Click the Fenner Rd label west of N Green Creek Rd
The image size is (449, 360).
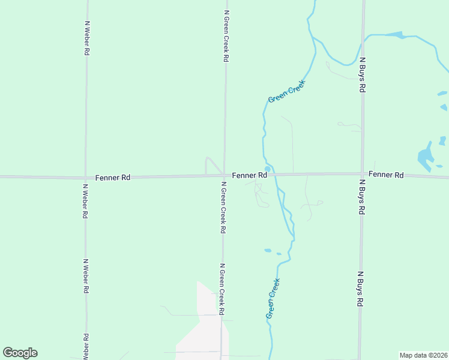113,178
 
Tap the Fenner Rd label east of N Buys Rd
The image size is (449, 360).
386,175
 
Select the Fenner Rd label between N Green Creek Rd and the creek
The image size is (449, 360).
249,175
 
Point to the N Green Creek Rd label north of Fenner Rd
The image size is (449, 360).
226,36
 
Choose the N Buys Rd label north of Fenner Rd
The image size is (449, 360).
363,75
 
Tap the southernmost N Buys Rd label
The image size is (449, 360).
360,290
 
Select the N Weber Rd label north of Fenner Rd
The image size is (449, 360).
88,38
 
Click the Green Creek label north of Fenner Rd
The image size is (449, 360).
287,91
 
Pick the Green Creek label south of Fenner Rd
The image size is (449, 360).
273,298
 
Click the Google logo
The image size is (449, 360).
20,353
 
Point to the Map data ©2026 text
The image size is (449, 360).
423,355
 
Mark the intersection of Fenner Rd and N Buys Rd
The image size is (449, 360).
362,174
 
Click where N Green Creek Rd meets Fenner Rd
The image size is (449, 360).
224,176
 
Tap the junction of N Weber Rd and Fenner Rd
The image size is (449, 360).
86,178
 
